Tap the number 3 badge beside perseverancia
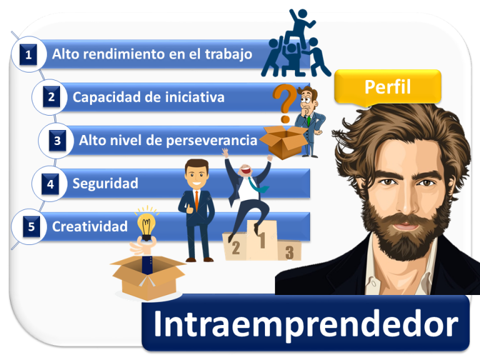point(57,141)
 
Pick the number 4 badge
point(51,184)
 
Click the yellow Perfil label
point(387,87)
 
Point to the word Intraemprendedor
point(305,324)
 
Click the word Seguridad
point(105,184)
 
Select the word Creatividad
point(89,226)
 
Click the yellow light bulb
point(147,225)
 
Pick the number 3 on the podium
point(289,252)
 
